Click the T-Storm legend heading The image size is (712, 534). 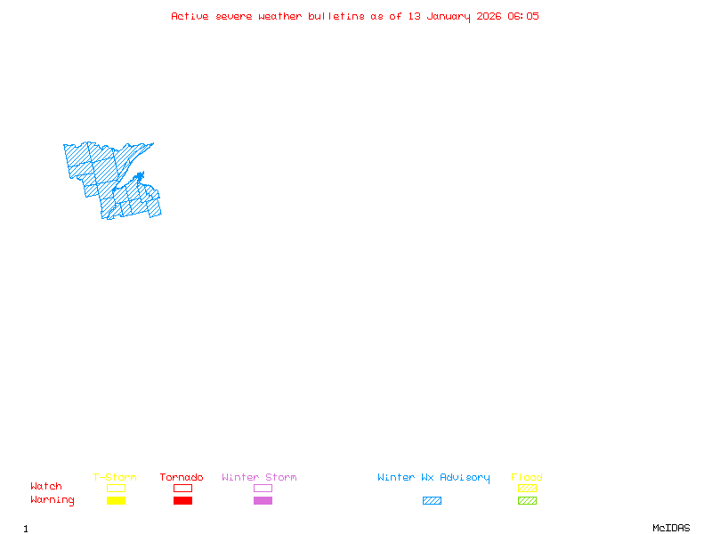115,477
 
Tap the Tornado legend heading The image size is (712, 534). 182,477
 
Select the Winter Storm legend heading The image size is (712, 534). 259,477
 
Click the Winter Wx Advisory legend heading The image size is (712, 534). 433,477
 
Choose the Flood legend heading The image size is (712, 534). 527,477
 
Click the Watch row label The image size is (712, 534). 46,487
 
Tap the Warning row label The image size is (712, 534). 53,500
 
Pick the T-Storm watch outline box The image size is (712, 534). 116,488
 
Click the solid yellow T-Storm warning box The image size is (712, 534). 116,501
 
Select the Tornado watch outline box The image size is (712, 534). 182,488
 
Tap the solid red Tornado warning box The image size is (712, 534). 182,501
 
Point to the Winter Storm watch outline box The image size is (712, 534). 263,488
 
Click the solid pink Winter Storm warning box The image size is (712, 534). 263,501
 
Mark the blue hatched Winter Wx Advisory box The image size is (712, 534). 432,501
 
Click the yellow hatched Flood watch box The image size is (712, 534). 527,488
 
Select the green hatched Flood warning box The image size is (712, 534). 527,501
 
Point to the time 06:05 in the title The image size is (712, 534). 523,16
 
